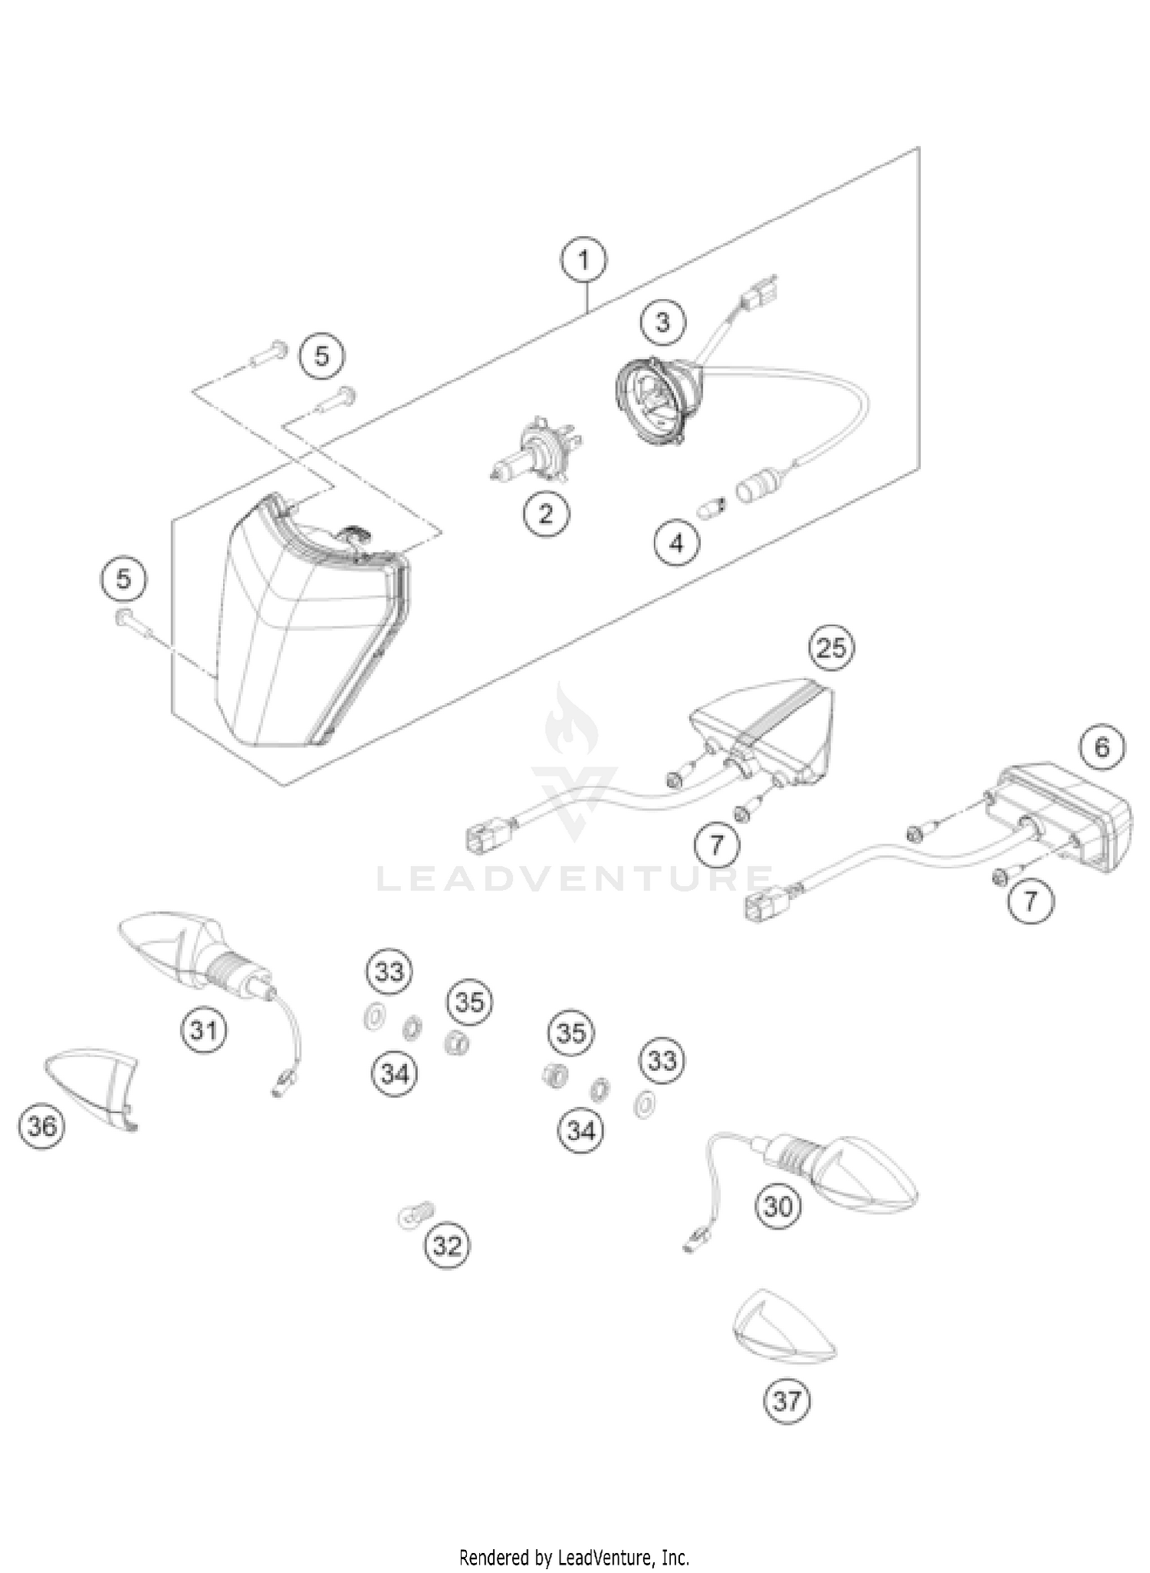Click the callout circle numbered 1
pyautogui.click(x=584, y=261)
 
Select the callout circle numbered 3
pyautogui.click(x=662, y=322)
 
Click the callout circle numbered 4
pyautogui.click(x=676, y=543)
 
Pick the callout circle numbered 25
pyautogui.click(x=831, y=649)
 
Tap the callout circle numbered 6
pyautogui.click(x=1102, y=747)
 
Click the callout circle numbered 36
pyautogui.click(x=41, y=1126)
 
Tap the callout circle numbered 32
pyautogui.click(x=447, y=1246)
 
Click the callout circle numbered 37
pyautogui.click(x=787, y=1401)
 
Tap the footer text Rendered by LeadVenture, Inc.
pyautogui.click(x=574, y=1558)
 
